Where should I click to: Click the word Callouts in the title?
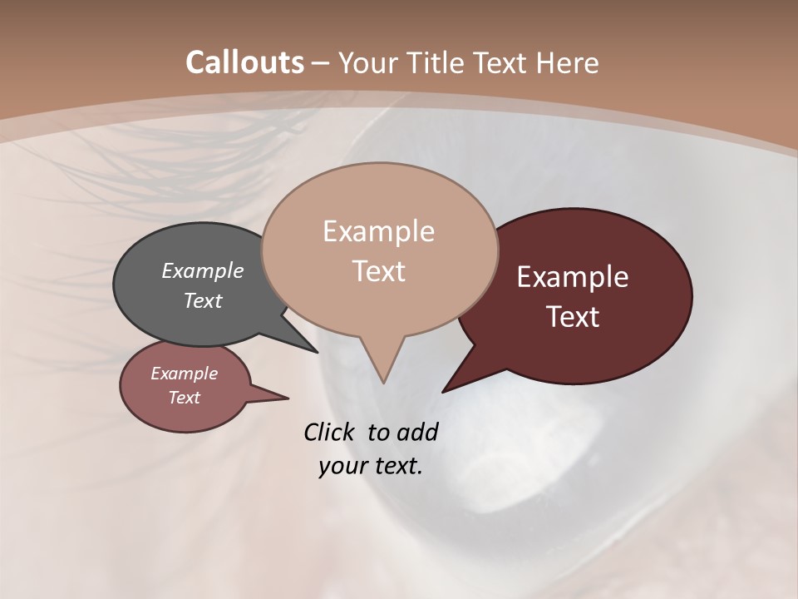(x=244, y=62)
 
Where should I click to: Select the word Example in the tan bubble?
(x=378, y=231)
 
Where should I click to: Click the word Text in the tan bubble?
(x=378, y=271)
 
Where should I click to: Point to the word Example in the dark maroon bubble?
(x=573, y=277)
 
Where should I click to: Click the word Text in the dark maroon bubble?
(x=573, y=317)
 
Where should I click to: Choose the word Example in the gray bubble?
(x=203, y=271)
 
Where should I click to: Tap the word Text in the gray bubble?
(x=203, y=300)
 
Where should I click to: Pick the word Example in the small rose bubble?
(x=185, y=374)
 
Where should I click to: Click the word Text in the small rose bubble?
(x=185, y=398)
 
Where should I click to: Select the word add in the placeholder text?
(x=417, y=432)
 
